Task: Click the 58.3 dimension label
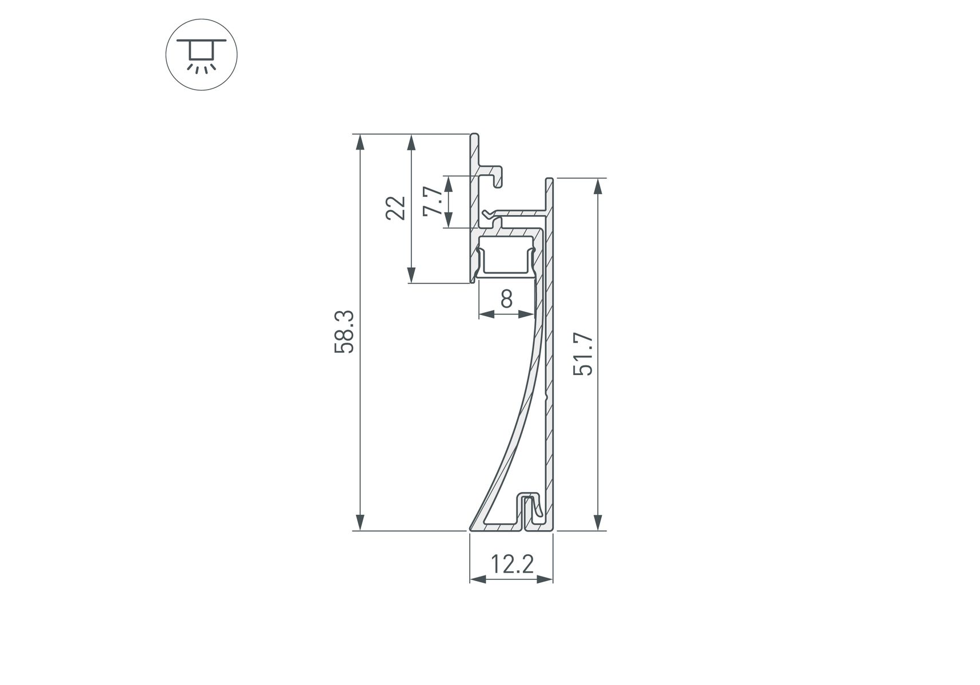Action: (x=345, y=332)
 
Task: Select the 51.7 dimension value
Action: (x=583, y=354)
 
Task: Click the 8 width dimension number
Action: (x=506, y=299)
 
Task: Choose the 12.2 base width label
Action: (x=512, y=565)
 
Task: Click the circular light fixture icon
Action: (x=201, y=55)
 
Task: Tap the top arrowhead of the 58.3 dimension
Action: (x=359, y=142)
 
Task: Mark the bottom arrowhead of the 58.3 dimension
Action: (x=359, y=522)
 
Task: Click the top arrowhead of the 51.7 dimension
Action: (x=598, y=187)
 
